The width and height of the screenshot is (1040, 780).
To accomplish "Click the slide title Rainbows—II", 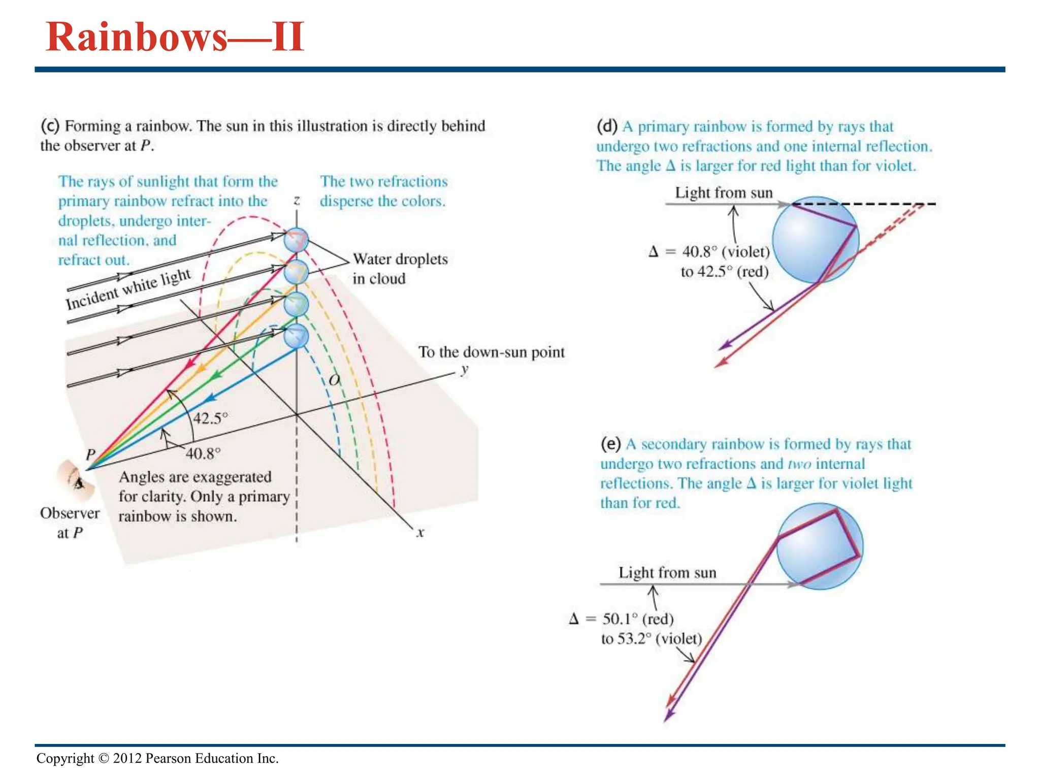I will click(x=175, y=37).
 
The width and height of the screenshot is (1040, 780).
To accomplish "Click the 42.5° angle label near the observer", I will click(x=210, y=418).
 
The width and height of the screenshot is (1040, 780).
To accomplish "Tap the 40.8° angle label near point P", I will click(x=203, y=453).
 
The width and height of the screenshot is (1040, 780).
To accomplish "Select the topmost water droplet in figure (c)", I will click(x=296, y=240).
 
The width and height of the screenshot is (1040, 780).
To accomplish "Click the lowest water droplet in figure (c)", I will click(x=296, y=336).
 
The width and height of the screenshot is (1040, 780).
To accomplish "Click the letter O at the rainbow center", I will click(x=334, y=380).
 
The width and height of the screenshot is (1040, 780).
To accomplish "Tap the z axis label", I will click(x=297, y=200).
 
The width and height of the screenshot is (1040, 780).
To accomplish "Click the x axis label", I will click(x=420, y=533).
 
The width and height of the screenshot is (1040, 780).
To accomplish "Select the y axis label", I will click(x=464, y=369).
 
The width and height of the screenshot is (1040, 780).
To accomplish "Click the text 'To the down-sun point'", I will click(x=491, y=352).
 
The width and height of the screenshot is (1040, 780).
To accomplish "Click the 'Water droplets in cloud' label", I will click(x=400, y=269).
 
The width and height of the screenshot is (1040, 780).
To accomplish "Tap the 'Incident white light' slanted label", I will click(x=128, y=288).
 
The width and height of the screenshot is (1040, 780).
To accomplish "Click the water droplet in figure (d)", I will click(x=815, y=240).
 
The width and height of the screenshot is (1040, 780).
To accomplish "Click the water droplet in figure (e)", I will click(x=820, y=546).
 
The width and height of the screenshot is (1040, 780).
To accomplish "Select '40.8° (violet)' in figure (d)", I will click(x=726, y=252).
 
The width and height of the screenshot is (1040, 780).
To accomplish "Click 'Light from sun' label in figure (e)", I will click(x=667, y=573).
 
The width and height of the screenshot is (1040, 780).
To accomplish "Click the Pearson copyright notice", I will click(x=157, y=758).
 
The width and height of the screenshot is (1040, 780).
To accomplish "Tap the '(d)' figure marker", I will click(x=607, y=126).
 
